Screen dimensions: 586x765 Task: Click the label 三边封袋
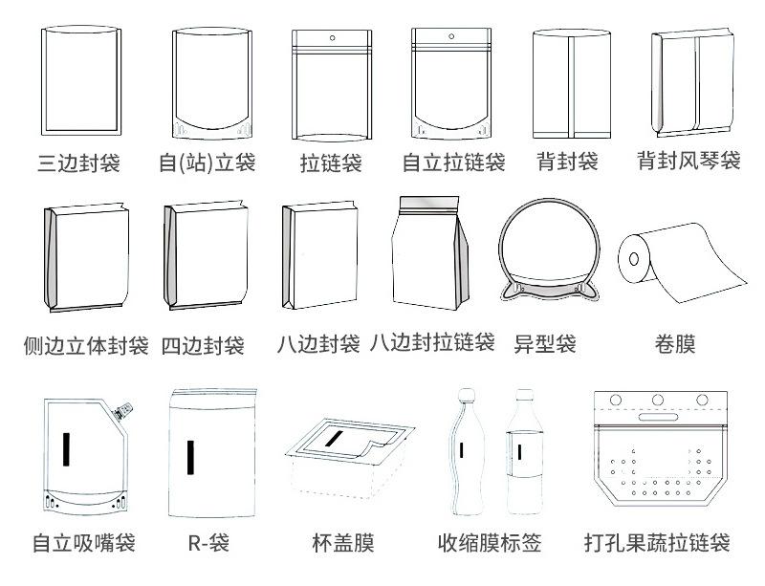(79, 163)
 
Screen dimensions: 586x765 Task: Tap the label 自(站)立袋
(208, 163)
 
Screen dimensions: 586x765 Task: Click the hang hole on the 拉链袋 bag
(332, 40)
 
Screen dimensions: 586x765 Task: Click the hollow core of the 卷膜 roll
(632, 258)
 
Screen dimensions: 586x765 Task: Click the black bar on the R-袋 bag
(190, 458)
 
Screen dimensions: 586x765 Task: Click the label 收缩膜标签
(490, 544)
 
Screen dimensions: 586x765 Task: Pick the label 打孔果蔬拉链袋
(657, 544)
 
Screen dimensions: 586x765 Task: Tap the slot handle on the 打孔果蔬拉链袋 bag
(658, 418)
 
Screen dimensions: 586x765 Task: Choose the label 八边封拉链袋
(432, 341)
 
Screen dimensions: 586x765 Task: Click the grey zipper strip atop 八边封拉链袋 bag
(432, 203)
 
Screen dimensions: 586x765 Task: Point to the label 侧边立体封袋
(86, 345)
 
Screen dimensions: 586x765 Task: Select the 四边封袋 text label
(203, 345)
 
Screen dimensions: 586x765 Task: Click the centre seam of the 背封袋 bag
(568, 86)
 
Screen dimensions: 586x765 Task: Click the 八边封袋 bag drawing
(320, 258)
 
